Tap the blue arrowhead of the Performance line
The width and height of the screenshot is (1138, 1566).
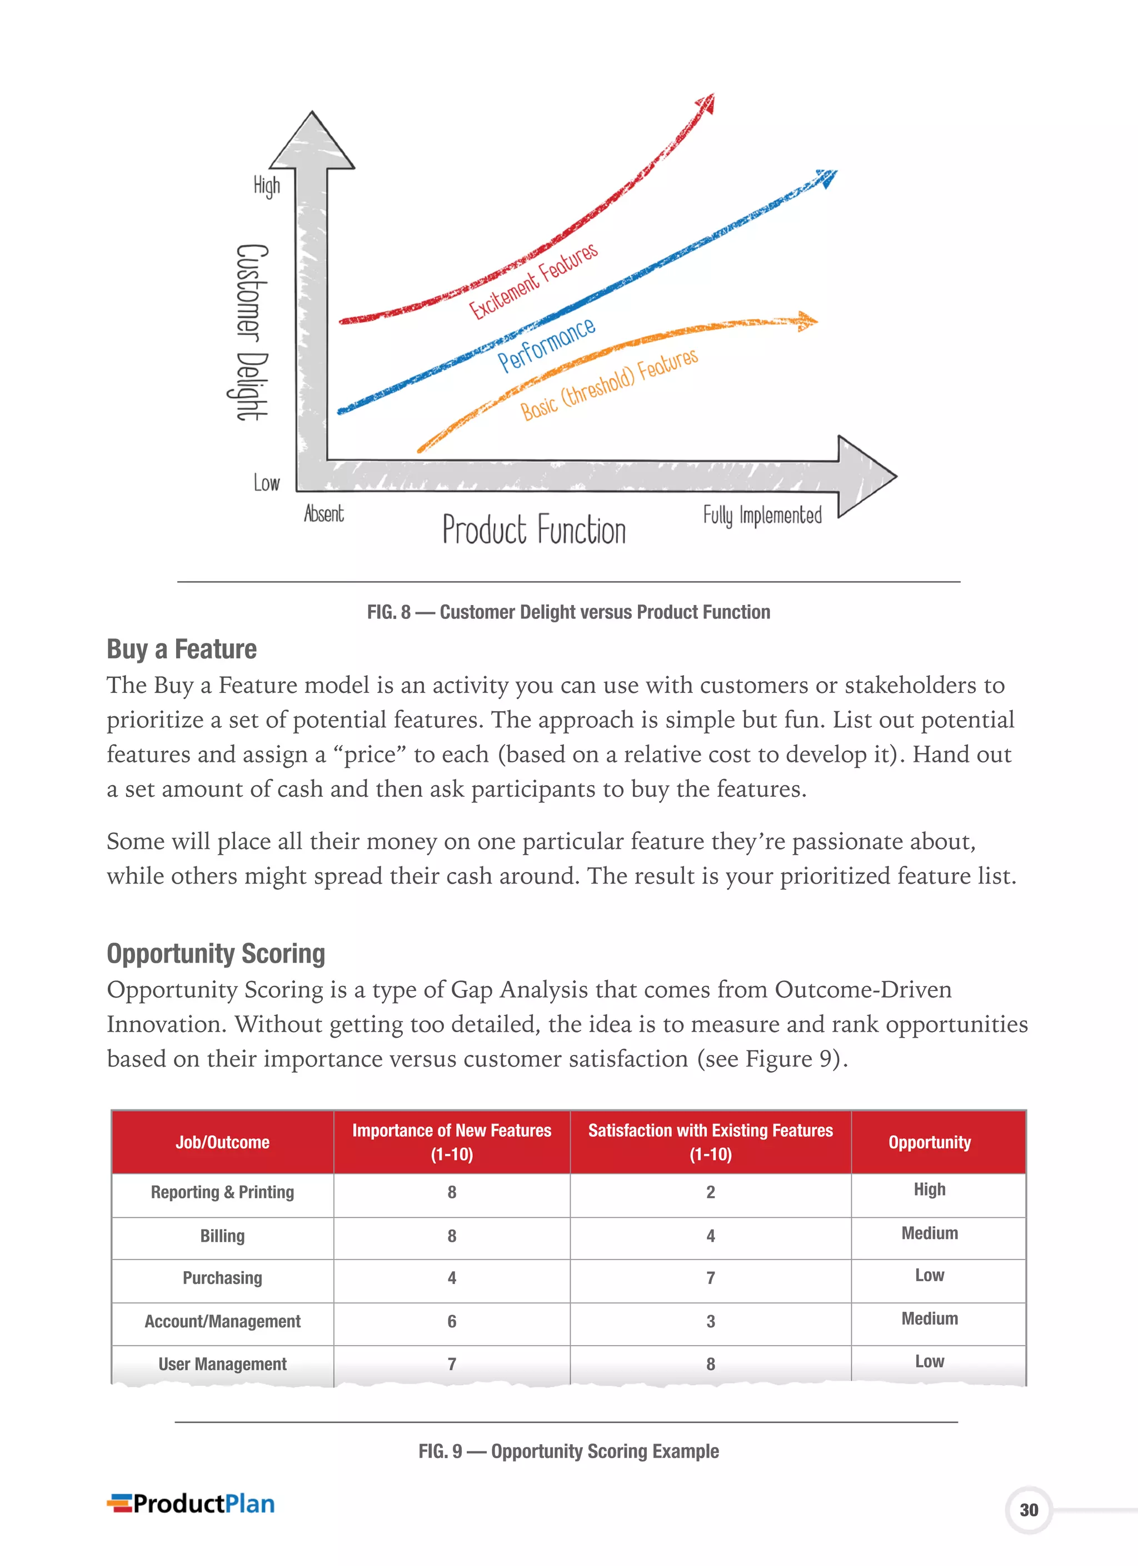826,177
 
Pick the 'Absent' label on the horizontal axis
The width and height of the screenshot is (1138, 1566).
323,514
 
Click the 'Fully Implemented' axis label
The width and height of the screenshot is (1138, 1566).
762,516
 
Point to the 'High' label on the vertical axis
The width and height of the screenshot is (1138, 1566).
266,186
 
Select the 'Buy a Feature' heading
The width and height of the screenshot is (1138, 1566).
182,649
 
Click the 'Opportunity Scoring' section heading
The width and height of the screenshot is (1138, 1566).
215,954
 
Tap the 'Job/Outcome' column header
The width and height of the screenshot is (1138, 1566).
222,1142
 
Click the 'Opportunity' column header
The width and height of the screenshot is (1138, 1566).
929,1142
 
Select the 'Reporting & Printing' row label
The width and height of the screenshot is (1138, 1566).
222,1192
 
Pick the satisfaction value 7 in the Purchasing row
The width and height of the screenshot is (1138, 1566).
710,1278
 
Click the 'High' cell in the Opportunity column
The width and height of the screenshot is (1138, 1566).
929,1190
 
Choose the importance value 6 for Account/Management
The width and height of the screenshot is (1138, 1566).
451,1321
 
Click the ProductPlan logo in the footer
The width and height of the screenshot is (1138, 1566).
191,1504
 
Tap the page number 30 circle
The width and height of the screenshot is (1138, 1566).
1029,1510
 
